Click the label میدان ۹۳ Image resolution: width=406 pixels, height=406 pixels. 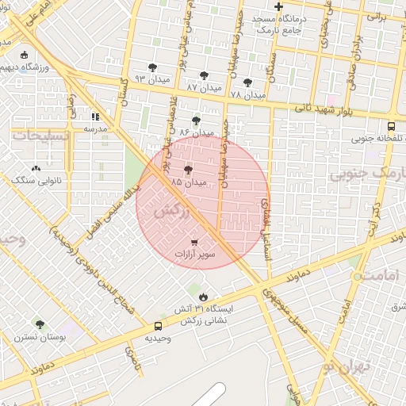[152, 79]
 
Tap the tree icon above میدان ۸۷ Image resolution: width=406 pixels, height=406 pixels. [205, 75]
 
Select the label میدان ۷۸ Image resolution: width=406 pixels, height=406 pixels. [247, 94]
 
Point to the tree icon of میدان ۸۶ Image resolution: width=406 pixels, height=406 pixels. [196, 121]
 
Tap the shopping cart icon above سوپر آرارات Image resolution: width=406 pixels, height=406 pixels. [195, 241]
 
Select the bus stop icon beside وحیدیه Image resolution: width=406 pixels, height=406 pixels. [158, 326]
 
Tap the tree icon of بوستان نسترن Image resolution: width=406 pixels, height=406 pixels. [40, 324]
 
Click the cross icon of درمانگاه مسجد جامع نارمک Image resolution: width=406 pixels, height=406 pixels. [278, 6]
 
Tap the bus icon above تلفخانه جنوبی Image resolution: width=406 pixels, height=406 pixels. [391, 126]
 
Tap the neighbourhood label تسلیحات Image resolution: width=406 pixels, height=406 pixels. [40, 136]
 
